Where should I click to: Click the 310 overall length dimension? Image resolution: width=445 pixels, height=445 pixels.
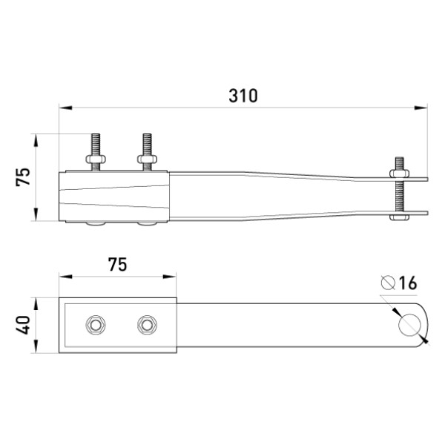tap(243, 96)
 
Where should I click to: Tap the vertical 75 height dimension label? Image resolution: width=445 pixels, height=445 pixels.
tap(23, 177)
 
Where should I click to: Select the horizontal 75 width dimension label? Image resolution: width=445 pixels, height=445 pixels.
tap(117, 265)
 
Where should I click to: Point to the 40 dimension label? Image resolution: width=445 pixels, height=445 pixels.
tap(23, 325)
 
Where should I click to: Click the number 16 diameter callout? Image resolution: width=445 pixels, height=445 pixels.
tap(408, 283)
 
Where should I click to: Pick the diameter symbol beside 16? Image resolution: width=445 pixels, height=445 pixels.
tap(388, 283)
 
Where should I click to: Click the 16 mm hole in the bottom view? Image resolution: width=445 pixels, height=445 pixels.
tap(409, 325)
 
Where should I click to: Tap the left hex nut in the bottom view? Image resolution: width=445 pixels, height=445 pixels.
tap(96, 325)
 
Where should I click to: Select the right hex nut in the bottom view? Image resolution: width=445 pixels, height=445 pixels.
tap(147, 325)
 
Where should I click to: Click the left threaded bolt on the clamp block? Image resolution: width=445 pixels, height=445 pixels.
tap(96, 152)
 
